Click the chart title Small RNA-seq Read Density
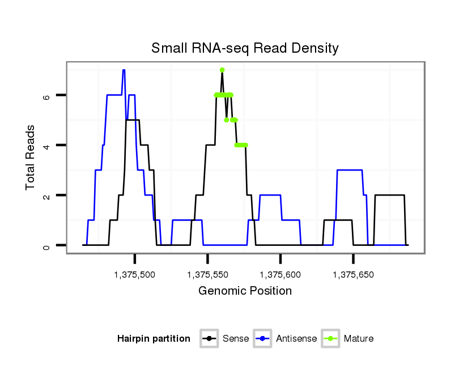click(245, 48)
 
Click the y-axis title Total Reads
click(31, 158)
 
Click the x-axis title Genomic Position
click(245, 291)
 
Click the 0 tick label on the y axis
click(46, 245)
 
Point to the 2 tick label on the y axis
click(46, 195)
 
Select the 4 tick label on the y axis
click(46, 146)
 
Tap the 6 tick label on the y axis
click(46, 96)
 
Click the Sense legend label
click(235, 339)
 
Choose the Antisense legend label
click(296, 339)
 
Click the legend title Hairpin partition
click(154, 339)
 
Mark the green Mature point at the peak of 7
click(222, 70)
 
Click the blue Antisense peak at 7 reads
click(124, 70)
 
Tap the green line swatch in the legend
click(330, 339)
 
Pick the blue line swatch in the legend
click(263, 339)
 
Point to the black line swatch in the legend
click(209, 339)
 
